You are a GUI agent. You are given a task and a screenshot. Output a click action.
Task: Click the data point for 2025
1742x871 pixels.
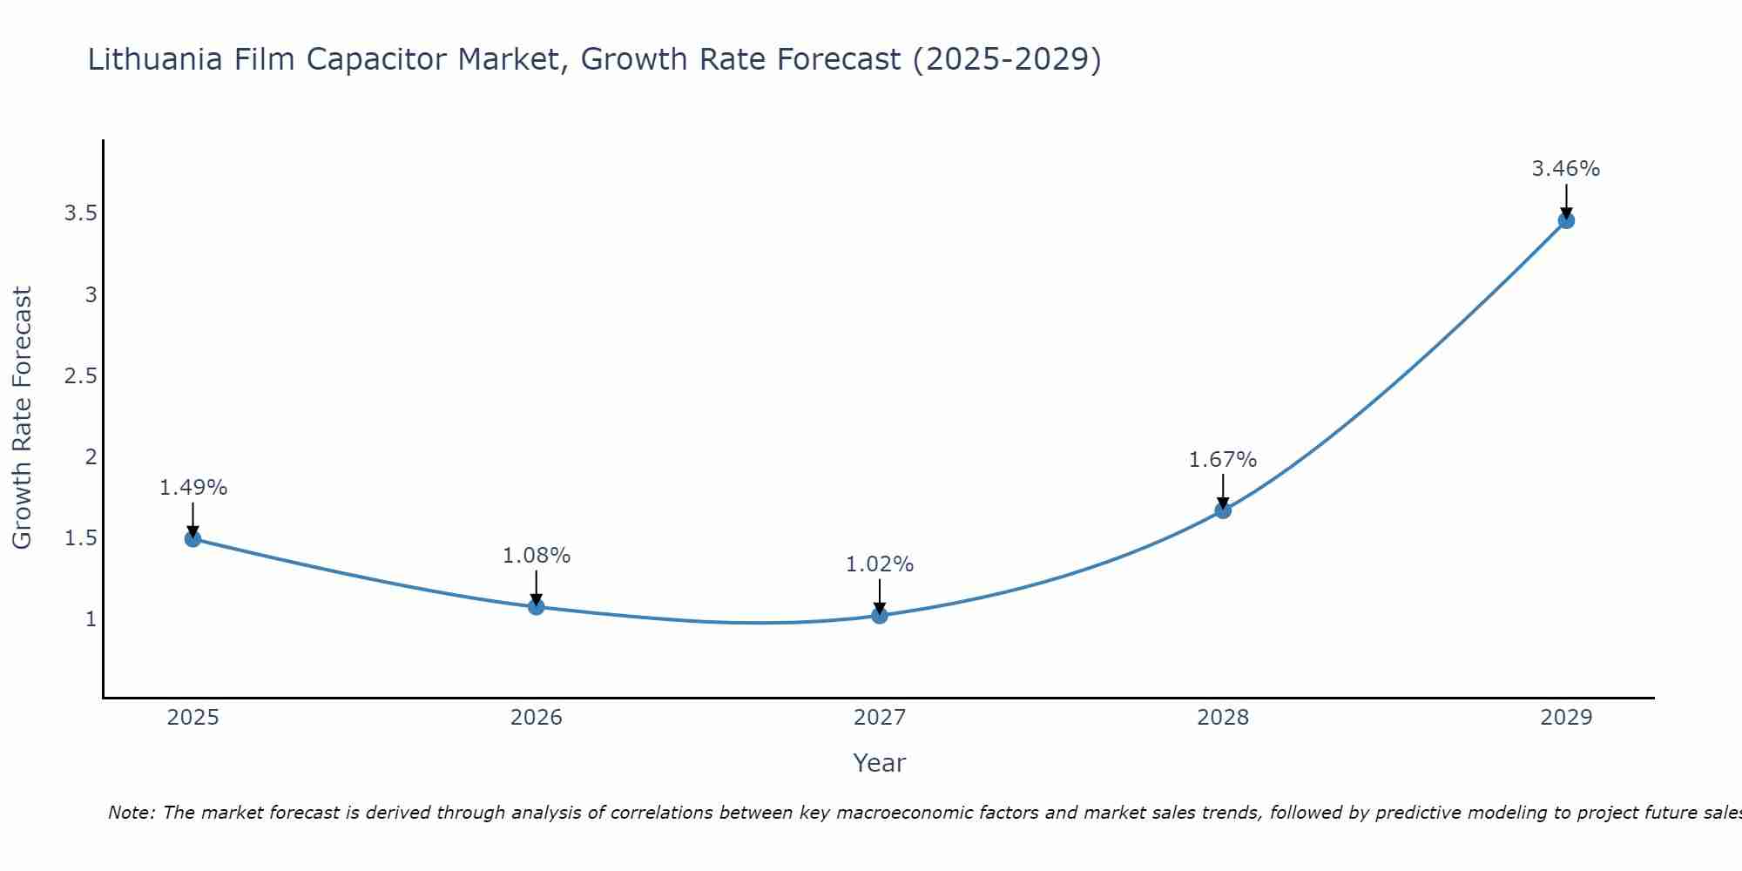pos(192,538)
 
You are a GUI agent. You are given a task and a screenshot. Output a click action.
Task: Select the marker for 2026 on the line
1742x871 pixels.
pos(536,606)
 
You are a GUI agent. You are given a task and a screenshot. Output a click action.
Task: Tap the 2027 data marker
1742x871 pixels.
pos(879,616)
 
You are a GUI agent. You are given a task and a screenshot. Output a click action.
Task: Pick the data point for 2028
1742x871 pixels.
pos(1222,510)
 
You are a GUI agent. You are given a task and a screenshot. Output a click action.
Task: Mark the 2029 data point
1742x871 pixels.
pos(1565,220)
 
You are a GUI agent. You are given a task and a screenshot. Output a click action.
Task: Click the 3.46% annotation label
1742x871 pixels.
pos(1565,169)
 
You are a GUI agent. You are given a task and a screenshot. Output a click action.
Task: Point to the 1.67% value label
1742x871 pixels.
pos(1222,459)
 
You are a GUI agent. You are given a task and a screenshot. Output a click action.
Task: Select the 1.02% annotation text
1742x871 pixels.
pos(879,564)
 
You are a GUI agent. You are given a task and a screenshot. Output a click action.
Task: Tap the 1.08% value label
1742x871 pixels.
pos(536,555)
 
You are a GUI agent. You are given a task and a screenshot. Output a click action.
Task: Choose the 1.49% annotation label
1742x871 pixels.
pos(192,488)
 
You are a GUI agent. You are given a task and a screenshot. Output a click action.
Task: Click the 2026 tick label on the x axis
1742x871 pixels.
pos(536,718)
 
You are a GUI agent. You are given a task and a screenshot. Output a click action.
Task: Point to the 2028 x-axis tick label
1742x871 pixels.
pos(1222,718)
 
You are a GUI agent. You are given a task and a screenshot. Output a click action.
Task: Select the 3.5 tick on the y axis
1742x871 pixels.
pos(80,213)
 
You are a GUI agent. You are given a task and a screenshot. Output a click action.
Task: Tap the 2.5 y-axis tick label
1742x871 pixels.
pos(80,375)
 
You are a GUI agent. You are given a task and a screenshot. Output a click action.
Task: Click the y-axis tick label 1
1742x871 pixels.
pos(91,619)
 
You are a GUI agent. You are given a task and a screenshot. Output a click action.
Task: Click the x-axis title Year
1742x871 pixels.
pos(879,763)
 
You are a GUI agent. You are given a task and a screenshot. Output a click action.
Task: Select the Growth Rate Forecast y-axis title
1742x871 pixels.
pos(23,417)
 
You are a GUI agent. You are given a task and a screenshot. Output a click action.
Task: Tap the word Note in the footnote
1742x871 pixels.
pos(130,813)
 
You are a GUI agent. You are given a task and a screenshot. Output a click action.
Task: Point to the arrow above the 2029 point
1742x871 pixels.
pos(1565,200)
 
